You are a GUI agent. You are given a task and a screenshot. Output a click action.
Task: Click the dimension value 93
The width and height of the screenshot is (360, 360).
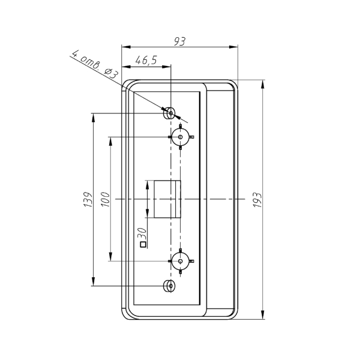tap(179, 41)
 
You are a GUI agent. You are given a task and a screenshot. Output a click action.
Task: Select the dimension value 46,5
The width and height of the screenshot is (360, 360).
tap(146, 60)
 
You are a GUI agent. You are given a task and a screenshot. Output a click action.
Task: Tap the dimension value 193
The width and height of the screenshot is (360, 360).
tap(257, 200)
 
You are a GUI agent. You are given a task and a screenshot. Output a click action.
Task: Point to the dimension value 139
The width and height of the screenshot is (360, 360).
tap(88, 199)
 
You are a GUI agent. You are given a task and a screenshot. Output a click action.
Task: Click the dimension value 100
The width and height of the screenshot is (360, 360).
tap(106, 199)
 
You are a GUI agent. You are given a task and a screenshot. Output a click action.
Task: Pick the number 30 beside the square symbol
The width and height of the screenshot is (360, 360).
tap(142, 234)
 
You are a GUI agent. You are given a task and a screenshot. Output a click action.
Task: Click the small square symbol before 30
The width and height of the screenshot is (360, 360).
tap(143, 245)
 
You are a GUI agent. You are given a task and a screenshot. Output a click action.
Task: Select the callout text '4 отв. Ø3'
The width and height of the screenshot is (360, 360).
tap(95, 64)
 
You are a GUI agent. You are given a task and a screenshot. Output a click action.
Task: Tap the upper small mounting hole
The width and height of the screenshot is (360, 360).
tap(170, 113)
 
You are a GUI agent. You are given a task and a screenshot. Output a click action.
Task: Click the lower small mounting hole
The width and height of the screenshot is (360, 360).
tap(170, 286)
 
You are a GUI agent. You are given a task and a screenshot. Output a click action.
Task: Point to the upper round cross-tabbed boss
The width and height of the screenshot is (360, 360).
tap(181, 137)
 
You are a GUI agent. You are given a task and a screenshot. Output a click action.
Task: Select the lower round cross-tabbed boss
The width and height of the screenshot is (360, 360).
tap(181, 261)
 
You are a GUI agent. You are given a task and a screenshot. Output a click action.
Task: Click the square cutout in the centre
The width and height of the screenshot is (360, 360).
tap(167, 199)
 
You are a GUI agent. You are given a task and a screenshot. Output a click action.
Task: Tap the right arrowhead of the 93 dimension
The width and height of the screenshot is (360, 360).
tap(233, 47)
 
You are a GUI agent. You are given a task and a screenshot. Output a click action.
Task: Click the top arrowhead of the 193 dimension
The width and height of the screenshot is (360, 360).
tap(262, 84)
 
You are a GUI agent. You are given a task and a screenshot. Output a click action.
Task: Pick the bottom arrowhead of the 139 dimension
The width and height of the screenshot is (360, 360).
tap(93, 281)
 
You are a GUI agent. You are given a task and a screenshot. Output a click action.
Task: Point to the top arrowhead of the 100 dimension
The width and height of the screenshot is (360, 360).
tap(110, 141)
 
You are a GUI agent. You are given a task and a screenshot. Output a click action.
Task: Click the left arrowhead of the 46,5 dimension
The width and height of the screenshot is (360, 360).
tap(126, 67)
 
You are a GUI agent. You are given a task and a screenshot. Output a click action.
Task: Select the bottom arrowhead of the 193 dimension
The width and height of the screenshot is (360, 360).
tap(262, 314)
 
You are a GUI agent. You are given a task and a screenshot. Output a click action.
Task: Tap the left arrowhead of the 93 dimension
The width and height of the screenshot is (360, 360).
tap(126, 47)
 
